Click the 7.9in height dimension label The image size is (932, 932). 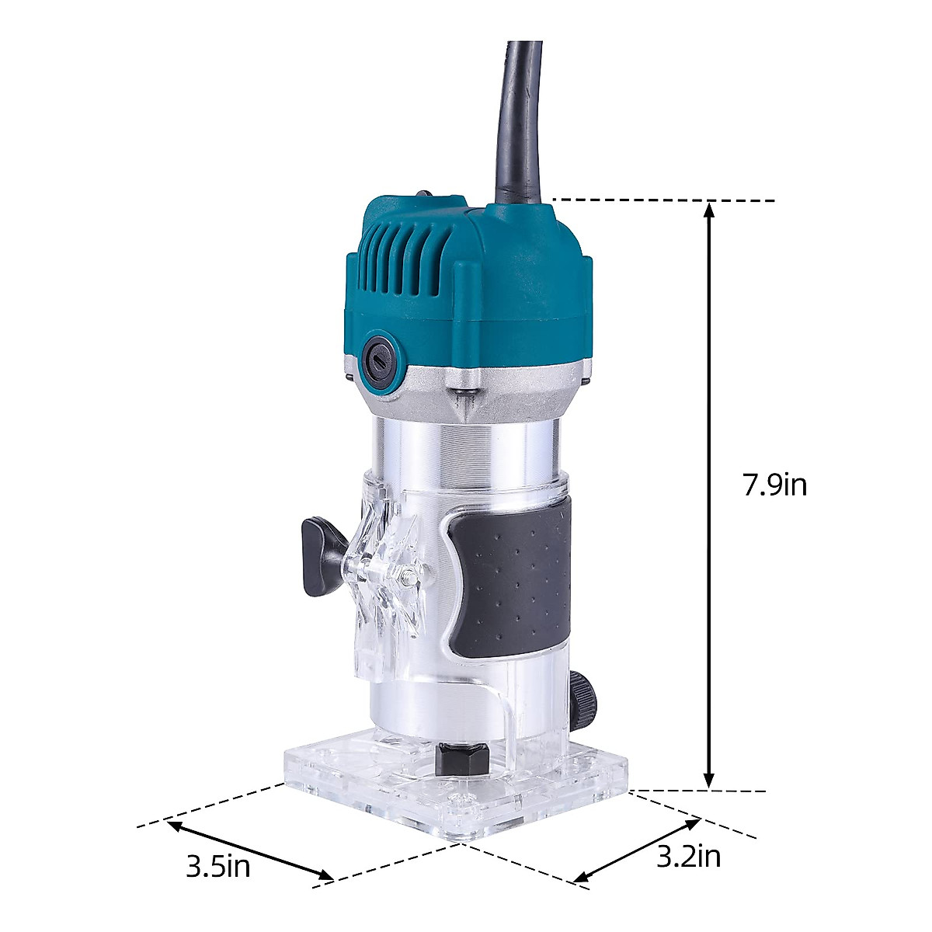tap(774, 485)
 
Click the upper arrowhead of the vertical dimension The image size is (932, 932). tap(708, 214)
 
